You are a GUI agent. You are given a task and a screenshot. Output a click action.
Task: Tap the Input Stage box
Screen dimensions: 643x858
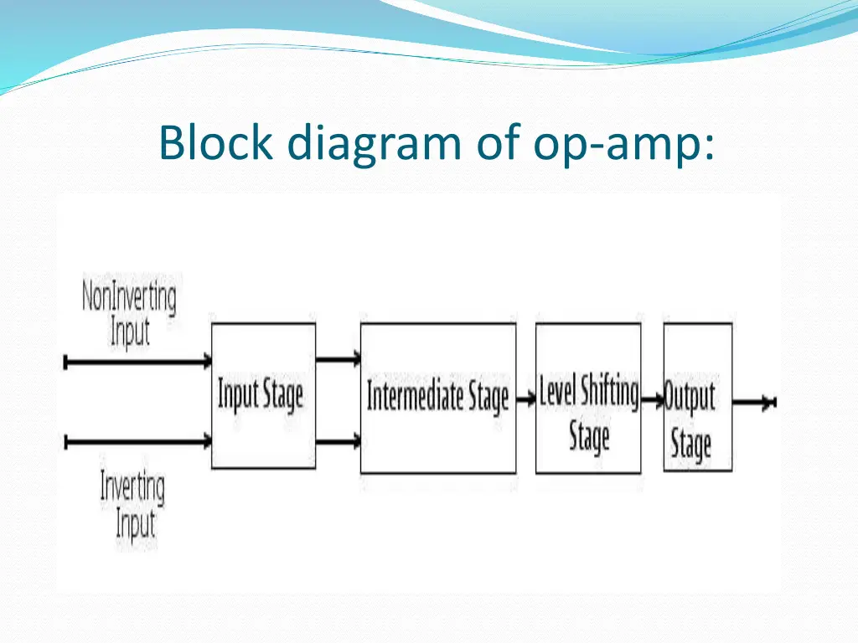click(x=263, y=395)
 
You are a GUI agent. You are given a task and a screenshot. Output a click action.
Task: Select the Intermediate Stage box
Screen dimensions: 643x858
click(x=437, y=399)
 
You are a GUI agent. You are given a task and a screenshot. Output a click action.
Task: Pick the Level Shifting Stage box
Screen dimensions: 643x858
click(x=588, y=399)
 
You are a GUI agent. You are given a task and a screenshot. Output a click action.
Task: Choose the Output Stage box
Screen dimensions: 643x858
click(x=697, y=399)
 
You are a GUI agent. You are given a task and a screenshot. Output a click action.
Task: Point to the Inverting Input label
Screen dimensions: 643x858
click(x=132, y=506)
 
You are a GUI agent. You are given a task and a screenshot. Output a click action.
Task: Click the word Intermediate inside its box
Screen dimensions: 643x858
click(x=416, y=396)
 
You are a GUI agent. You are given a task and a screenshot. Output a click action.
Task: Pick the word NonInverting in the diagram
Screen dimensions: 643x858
click(x=129, y=298)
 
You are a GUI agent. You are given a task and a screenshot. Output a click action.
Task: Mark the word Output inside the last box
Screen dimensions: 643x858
click(x=690, y=396)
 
